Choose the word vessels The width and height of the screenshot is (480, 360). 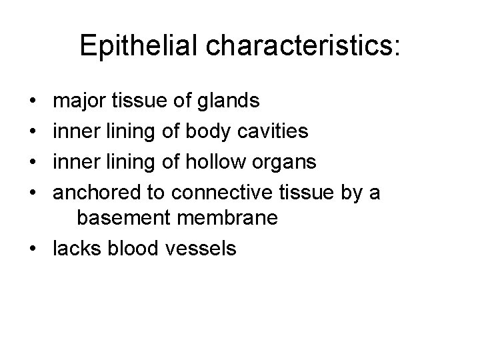pos(198,249)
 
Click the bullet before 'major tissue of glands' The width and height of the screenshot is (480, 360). pos(33,102)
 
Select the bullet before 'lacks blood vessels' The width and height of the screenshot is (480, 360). pos(33,249)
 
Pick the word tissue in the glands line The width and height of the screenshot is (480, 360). pos(137,101)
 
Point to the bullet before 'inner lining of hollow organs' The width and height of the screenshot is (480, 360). pos(33,161)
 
